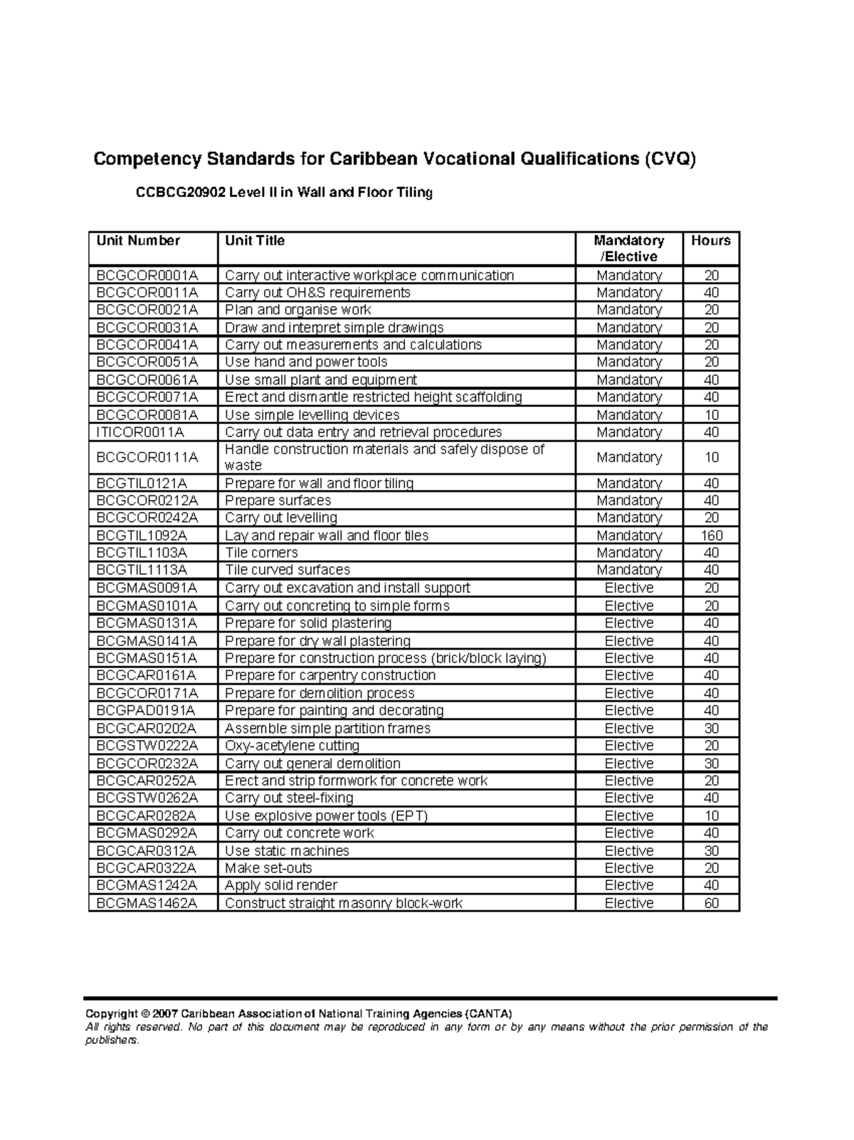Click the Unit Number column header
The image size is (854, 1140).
pos(138,241)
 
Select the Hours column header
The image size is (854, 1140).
pos(710,241)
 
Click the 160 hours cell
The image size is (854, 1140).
pos(711,535)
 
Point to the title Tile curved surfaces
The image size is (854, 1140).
pos(288,570)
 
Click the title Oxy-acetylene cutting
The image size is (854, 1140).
pos(292,746)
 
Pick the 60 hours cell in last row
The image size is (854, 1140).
pos(711,903)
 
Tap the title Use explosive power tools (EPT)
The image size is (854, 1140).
pos(326,816)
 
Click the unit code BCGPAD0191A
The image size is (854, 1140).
pos(145,710)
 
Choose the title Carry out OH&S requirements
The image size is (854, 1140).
pos(317,292)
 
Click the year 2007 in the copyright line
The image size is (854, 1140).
pos(164,1013)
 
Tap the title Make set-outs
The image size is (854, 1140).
pos(268,868)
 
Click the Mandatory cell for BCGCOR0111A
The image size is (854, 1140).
pos(629,458)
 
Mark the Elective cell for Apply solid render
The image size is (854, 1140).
pos(629,885)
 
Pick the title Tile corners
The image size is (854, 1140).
pos(261,553)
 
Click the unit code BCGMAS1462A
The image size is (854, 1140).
pos(147,903)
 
